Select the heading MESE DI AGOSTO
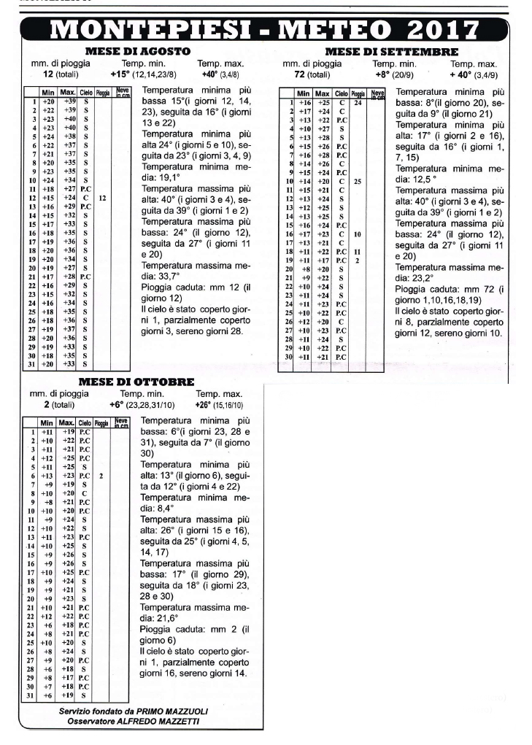tap(139, 52)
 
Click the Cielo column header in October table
tap(84, 422)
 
